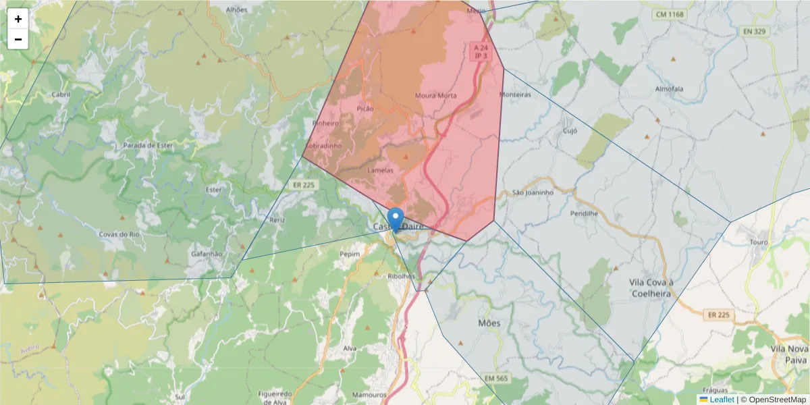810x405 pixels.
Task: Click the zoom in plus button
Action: point(18,19)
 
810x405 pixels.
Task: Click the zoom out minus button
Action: point(18,39)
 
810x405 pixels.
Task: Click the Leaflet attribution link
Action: point(722,400)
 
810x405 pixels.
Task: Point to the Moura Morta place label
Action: point(435,95)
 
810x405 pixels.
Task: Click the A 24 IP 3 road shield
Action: point(480,52)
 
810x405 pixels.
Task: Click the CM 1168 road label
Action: point(669,14)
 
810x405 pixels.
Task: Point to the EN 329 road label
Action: point(756,31)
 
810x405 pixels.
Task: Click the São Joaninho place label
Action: point(533,192)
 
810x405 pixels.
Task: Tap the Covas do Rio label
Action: point(118,234)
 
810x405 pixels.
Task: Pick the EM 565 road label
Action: point(497,378)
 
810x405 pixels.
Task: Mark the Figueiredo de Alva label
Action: point(275,397)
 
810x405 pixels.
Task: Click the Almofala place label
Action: point(669,88)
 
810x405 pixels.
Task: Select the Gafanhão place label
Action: point(207,253)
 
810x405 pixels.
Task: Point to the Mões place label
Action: point(489,323)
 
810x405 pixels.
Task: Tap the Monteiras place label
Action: point(515,94)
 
